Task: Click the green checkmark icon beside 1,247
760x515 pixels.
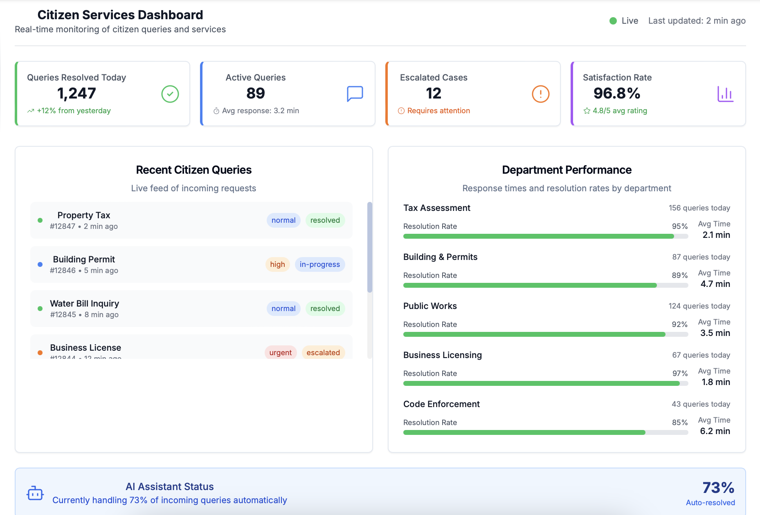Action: [170, 94]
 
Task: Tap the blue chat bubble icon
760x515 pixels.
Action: [355, 94]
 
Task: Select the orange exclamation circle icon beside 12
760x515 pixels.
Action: [540, 94]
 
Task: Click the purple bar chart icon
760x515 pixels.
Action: [725, 94]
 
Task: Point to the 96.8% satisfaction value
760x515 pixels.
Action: [616, 94]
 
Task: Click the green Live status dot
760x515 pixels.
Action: [613, 21]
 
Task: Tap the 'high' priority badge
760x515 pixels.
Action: [277, 264]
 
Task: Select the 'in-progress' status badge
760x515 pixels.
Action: [319, 264]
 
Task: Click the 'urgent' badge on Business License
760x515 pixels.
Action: [280, 352]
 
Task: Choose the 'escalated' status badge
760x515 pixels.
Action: [323, 352]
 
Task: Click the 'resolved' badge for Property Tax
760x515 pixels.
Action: [325, 220]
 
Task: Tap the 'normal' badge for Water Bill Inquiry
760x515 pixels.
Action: [283, 309]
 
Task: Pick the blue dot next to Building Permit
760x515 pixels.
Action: [40, 264]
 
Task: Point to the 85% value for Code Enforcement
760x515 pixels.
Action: [679, 422]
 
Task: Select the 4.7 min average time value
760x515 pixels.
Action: [715, 284]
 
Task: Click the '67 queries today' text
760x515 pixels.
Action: [701, 355]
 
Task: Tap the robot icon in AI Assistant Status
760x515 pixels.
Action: [35, 493]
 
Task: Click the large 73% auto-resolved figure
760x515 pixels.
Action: [718, 488]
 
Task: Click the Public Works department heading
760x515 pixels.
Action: [430, 306]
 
